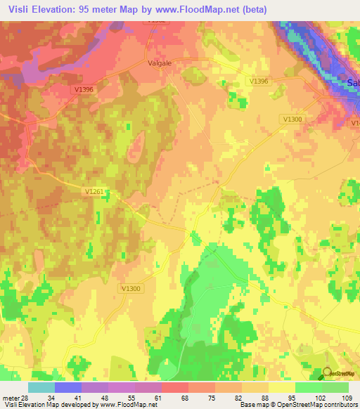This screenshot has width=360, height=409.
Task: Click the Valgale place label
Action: (160, 62)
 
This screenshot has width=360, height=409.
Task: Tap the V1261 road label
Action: (94, 190)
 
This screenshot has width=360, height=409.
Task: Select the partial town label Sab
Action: (354, 82)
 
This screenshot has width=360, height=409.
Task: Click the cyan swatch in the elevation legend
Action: (41, 387)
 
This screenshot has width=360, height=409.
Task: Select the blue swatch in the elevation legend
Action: (68, 387)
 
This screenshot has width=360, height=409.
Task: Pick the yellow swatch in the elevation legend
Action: (281, 387)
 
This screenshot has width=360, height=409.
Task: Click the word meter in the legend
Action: (9, 398)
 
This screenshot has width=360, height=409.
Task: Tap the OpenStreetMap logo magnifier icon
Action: (327, 373)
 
